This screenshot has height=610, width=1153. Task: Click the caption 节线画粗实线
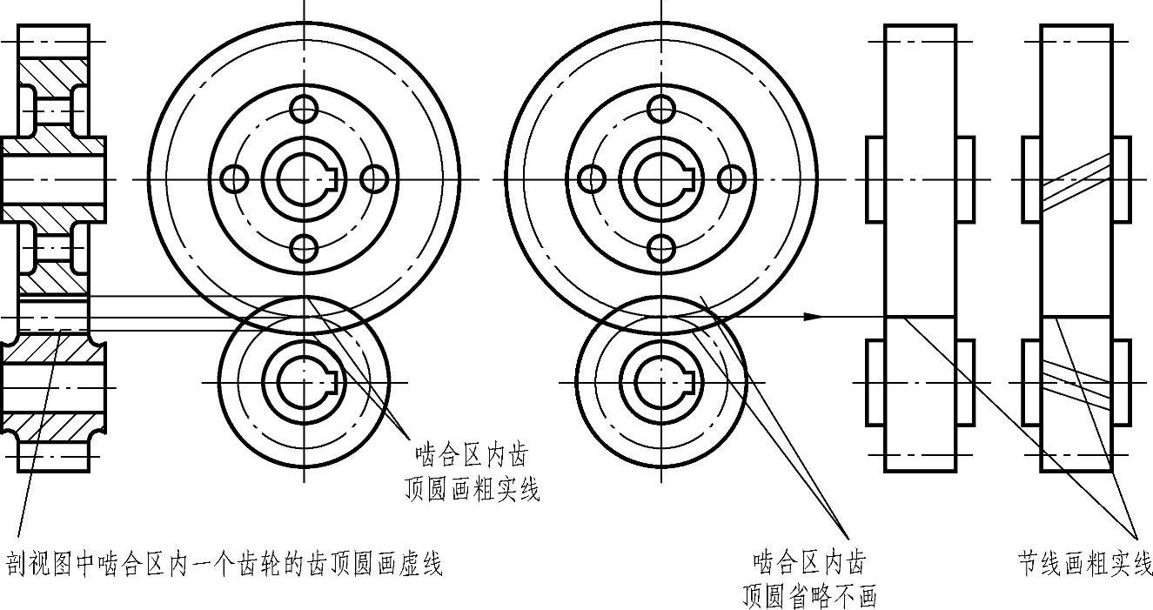click(1085, 563)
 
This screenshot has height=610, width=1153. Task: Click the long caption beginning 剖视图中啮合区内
click(225, 564)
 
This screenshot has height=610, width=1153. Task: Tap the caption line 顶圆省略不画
click(808, 595)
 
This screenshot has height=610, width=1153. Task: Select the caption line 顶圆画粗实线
click(472, 490)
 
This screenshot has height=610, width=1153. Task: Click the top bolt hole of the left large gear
click(304, 110)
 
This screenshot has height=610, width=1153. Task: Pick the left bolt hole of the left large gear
click(233, 179)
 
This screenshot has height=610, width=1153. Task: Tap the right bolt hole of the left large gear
click(373, 179)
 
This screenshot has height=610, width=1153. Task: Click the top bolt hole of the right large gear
click(662, 110)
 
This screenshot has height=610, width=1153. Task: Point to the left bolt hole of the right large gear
click(592, 179)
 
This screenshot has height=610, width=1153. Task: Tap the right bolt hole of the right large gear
click(733, 179)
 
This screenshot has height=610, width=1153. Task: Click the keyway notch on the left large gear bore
click(332, 179)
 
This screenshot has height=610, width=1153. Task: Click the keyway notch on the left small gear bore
click(332, 381)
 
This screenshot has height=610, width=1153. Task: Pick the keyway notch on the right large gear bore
click(691, 179)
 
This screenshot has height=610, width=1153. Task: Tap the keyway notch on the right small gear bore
click(691, 381)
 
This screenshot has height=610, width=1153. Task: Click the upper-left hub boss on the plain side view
click(875, 179)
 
